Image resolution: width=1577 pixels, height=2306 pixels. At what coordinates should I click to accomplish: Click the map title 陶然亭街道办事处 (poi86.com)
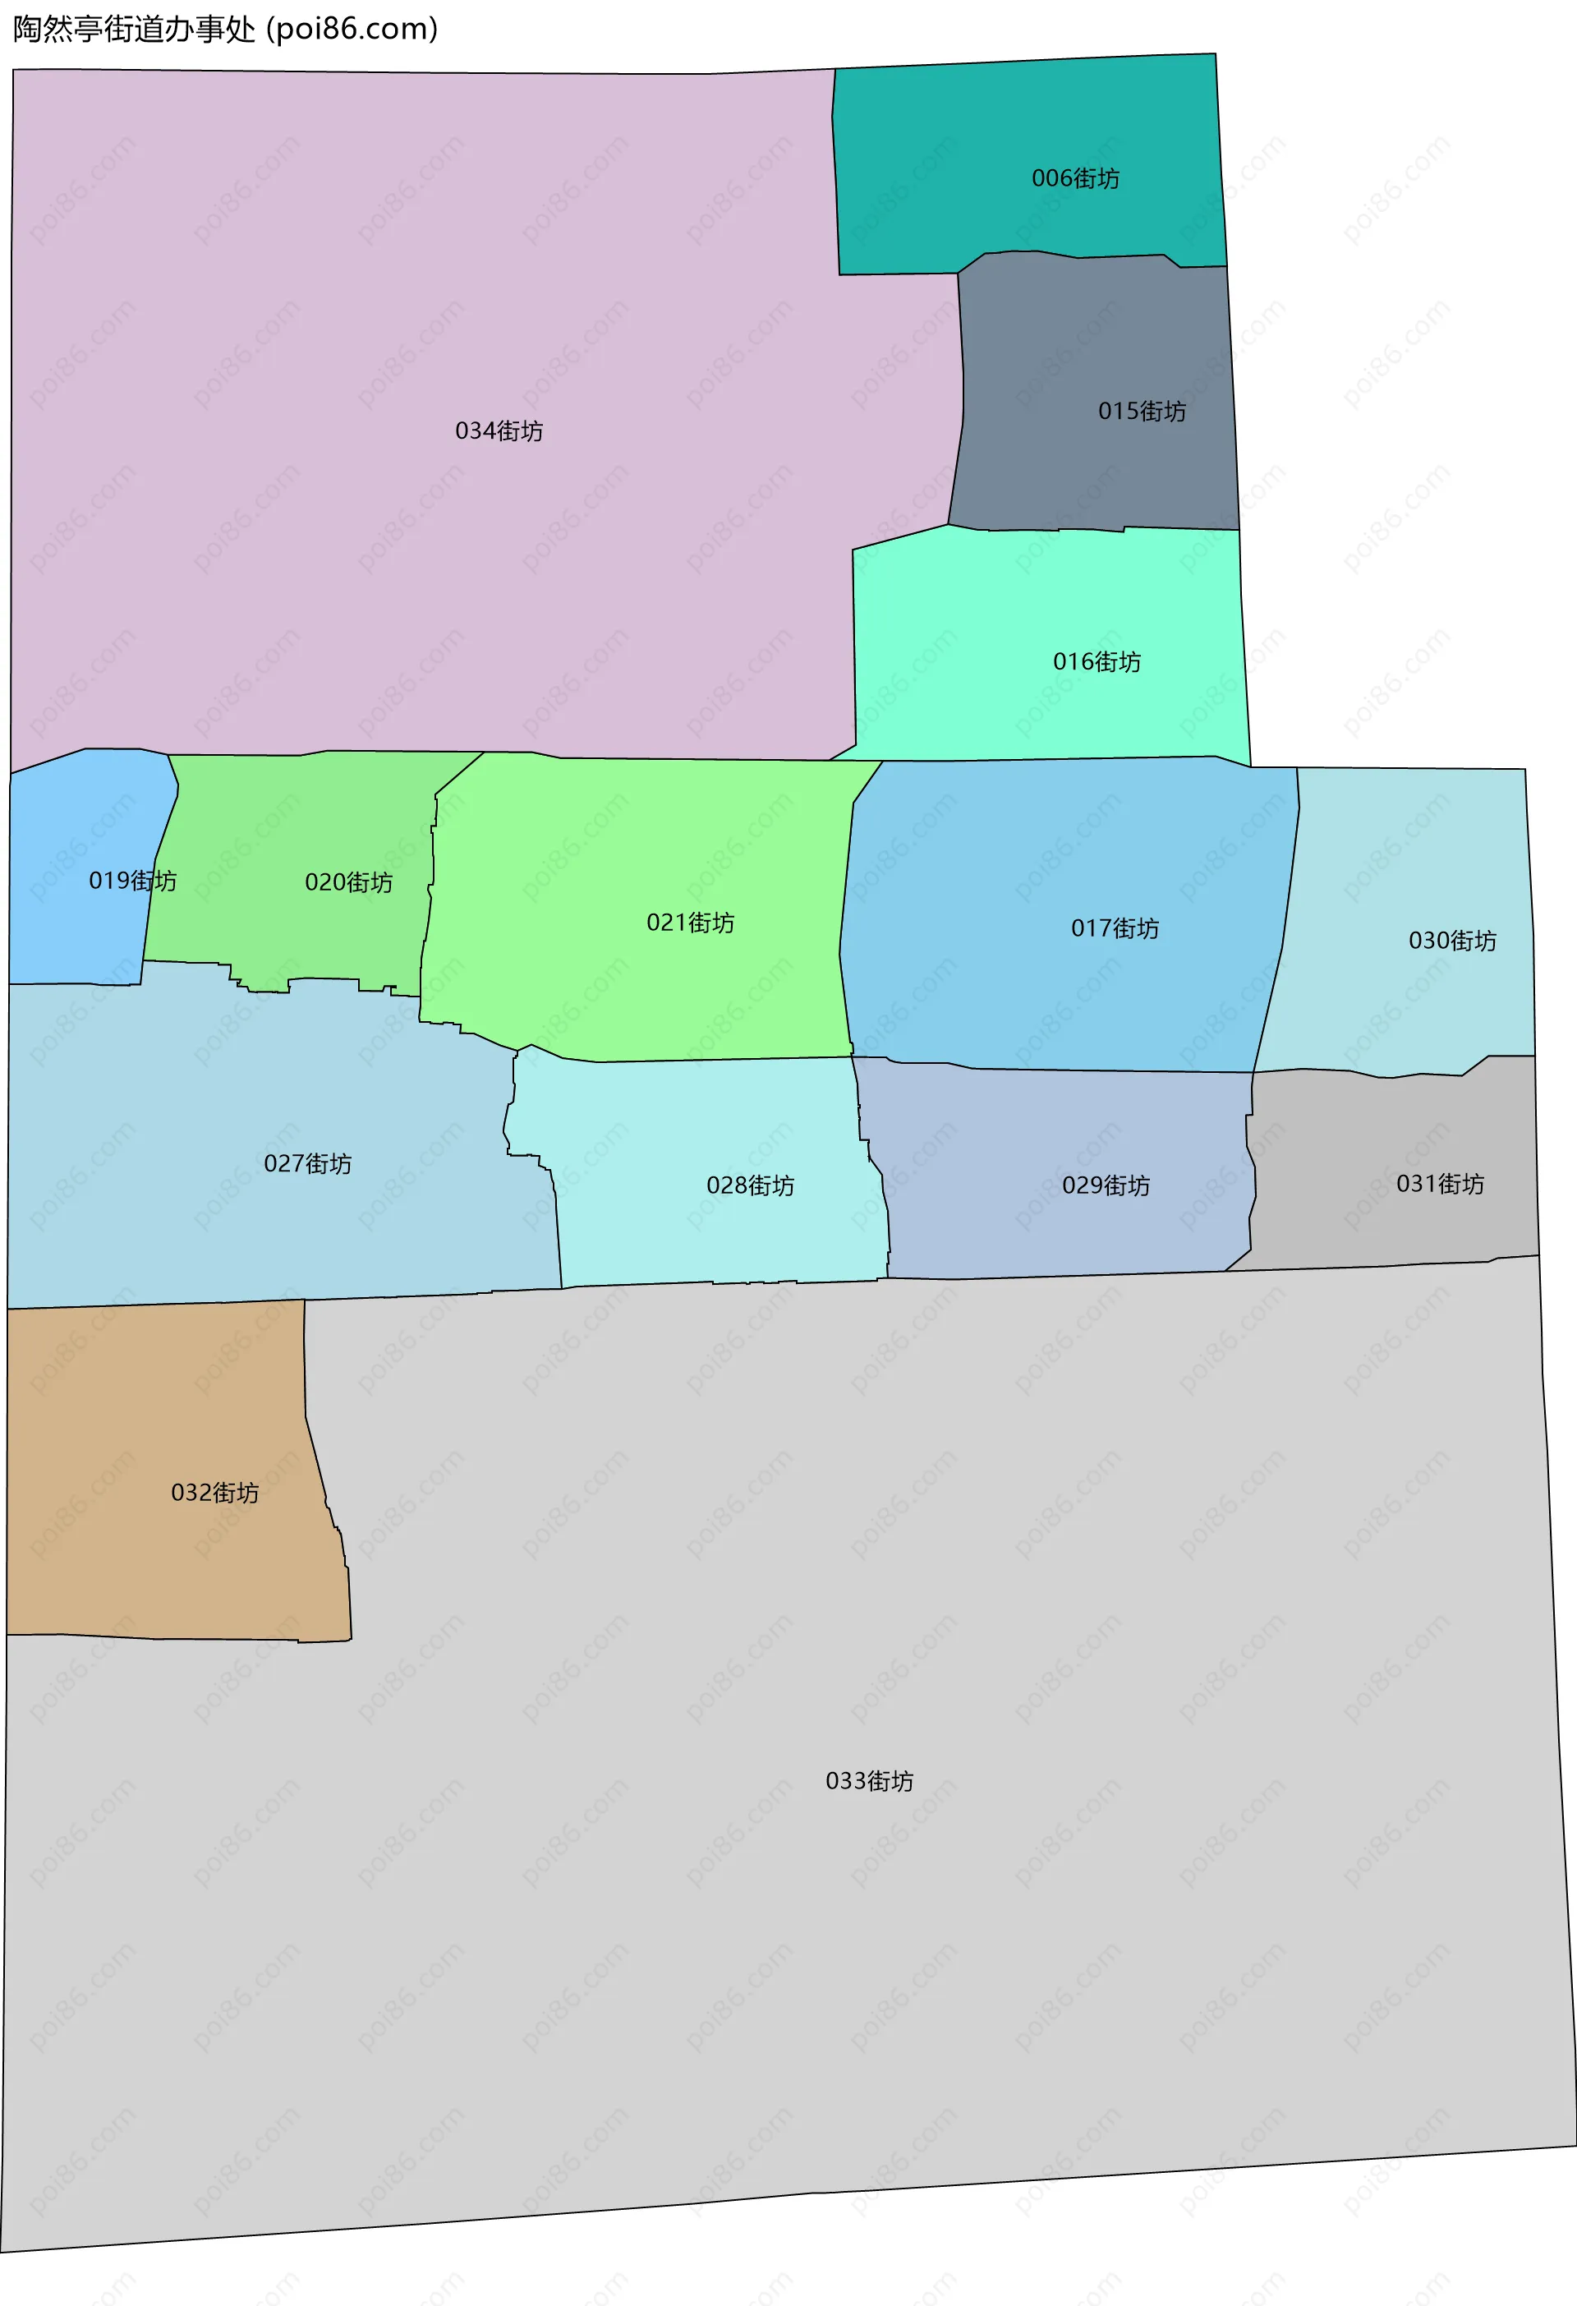(225, 29)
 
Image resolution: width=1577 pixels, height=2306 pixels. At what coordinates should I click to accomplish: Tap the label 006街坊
(1075, 178)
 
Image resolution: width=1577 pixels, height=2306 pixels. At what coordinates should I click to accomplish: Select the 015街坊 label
(1142, 411)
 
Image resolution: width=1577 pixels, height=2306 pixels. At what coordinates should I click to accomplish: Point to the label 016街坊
(1096, 662)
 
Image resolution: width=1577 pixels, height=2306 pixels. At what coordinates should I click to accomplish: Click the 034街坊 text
(499, 430)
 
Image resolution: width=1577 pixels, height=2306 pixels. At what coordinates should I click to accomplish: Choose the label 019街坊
(132, 880)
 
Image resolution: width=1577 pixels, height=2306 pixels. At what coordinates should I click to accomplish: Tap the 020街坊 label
(348, 882)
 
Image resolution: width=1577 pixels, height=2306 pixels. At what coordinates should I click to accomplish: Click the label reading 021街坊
(690, 923)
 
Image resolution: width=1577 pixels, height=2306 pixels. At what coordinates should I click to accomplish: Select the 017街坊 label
(1115, 929)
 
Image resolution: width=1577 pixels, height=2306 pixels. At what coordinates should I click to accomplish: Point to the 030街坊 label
(1452, 941)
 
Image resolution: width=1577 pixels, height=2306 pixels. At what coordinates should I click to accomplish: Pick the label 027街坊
(307, 1163)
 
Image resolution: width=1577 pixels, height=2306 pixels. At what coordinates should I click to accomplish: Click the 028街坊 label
(750, 1185)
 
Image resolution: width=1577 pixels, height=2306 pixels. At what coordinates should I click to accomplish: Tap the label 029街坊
(1106, 1185)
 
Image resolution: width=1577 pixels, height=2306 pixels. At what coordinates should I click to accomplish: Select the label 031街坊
(1440, 1184)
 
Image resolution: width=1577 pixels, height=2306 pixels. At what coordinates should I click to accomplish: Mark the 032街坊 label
(214, 1493)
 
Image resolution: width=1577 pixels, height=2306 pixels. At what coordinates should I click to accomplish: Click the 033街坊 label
(869, 1781)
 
